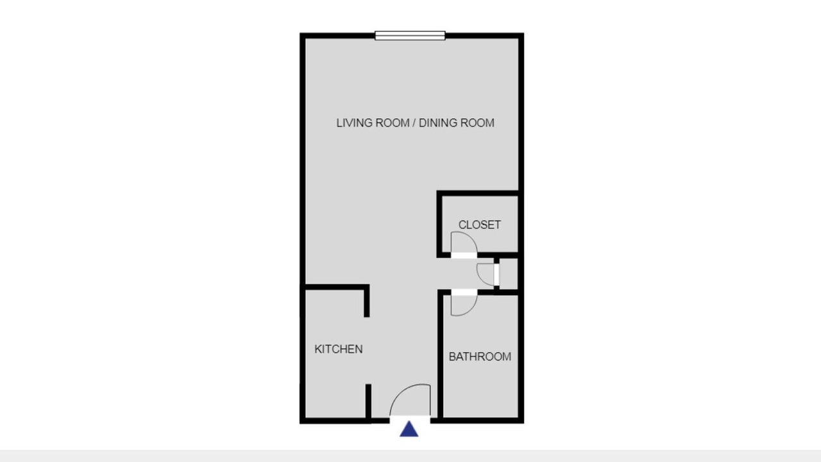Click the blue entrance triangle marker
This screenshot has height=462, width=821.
tap(409, 429)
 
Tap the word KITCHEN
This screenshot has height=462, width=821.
tap(339, 349)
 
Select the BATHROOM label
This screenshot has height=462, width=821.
tap(480, 356)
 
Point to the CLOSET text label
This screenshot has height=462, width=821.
tap(479, 225)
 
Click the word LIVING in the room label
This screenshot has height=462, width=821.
tap(352, 123)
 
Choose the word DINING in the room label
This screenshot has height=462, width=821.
tap(438, 123)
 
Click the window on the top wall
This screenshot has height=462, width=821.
tap(410, 35)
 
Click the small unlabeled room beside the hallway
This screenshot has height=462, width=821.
tap(509, 273)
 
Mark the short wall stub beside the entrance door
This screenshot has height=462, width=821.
tap(368, 402)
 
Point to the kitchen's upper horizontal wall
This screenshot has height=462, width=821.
tap(335, 287)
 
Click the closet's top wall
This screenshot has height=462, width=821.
tap(478, 193)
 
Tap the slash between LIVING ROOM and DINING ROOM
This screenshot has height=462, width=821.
tap(414, 123)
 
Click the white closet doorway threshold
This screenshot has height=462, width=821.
tap(464, 255)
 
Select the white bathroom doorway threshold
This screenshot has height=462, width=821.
tap(464, 292)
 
